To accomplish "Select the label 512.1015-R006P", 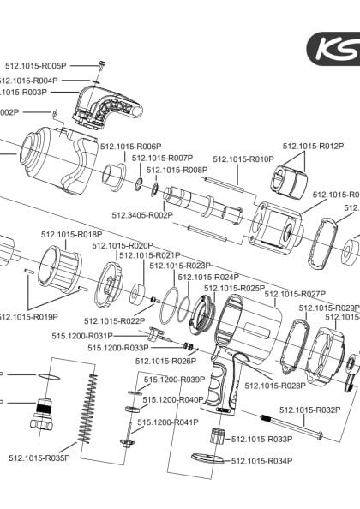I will pos(131,147).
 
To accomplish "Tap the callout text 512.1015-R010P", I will pos(243,159).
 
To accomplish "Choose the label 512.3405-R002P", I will pos(142,215).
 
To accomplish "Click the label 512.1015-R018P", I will pos(72,234).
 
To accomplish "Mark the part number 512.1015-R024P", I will pos(208,278).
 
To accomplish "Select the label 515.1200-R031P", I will pos(82,336).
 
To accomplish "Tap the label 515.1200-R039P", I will pos(174,380).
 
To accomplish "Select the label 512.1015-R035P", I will pos(39,458).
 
